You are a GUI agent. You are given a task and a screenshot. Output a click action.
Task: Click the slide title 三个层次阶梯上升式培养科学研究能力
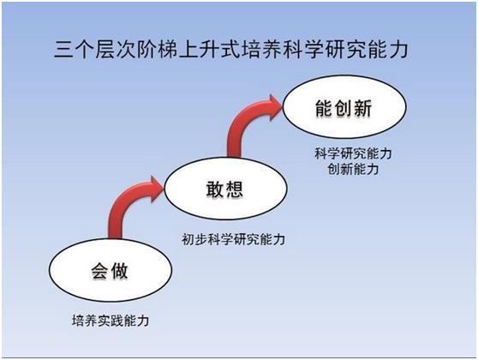click(231, 49)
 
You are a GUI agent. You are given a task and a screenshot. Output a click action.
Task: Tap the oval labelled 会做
click(111, 270)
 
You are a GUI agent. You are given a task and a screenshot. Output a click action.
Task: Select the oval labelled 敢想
click(225, 189)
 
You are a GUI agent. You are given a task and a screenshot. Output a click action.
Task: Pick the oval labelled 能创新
click(344, 107)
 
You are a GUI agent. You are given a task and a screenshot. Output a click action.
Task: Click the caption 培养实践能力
click(111, 321)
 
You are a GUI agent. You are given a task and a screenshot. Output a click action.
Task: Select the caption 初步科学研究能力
click(234, 239)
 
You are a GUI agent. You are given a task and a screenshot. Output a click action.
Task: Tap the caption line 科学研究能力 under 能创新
click(353, 153)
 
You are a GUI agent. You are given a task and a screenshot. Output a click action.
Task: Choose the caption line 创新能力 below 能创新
click(353, 169)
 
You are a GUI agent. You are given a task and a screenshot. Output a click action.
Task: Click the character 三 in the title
click(63, 50)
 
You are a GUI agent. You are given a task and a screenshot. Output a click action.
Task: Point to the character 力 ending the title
click(398, 50)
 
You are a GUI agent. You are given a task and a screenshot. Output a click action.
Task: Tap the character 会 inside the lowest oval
click(99, 271)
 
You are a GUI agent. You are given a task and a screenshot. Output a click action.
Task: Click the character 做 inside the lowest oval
click(120, 271)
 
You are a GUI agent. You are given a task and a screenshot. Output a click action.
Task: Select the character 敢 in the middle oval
click(215, 189)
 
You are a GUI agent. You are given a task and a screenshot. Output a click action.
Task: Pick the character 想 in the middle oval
click(235, 189)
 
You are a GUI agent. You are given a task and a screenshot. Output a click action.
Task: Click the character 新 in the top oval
click(363, 108)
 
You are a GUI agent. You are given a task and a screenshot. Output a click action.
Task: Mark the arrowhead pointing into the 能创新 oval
click(275, 107)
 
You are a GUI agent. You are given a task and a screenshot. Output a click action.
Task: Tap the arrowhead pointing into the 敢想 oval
click(157, 189)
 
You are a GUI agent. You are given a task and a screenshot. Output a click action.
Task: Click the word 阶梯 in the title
click(158, 50)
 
